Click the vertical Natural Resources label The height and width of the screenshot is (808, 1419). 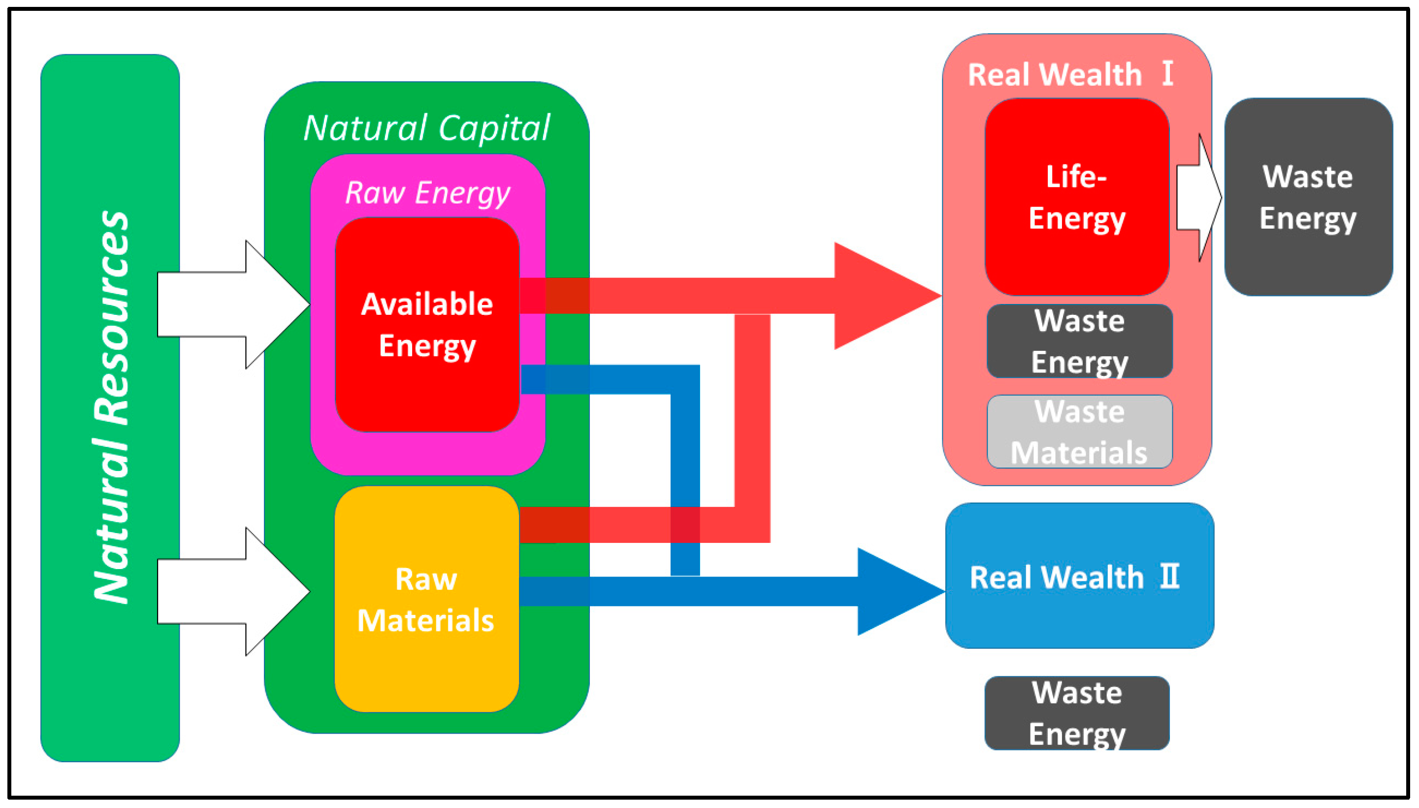pyautogui.click(x=111, y=408)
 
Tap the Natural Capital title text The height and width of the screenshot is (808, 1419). pyautogui.click(x=426, y=128)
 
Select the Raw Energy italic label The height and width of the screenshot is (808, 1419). pyautogui.click(x=427, y=193)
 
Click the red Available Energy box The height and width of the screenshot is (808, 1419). pyautogui.click(x=427, y=388)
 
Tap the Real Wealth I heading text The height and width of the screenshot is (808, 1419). pyautogui.click(x=1054, y=74)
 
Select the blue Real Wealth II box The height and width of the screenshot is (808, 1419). pyautogui.click(x=1079, y=616)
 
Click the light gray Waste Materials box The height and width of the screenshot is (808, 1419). pyautogui.click(x=1079, y=432)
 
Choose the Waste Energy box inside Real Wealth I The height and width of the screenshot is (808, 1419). pyautogui.click(x=1079, y=341)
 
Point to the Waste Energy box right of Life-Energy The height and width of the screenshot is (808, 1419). pyautogui.click(x=1308, y=197)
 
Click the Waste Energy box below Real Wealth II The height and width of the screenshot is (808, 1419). pyautogui.click(x=1076, y=713)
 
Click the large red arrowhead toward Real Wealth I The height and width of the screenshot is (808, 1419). pyautogui.click(x=882, y=296)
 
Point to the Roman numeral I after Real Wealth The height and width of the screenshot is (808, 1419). pyautogui.click(x=1167, y=73)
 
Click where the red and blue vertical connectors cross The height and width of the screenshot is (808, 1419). pyautogui.click(x=685, y=524)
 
